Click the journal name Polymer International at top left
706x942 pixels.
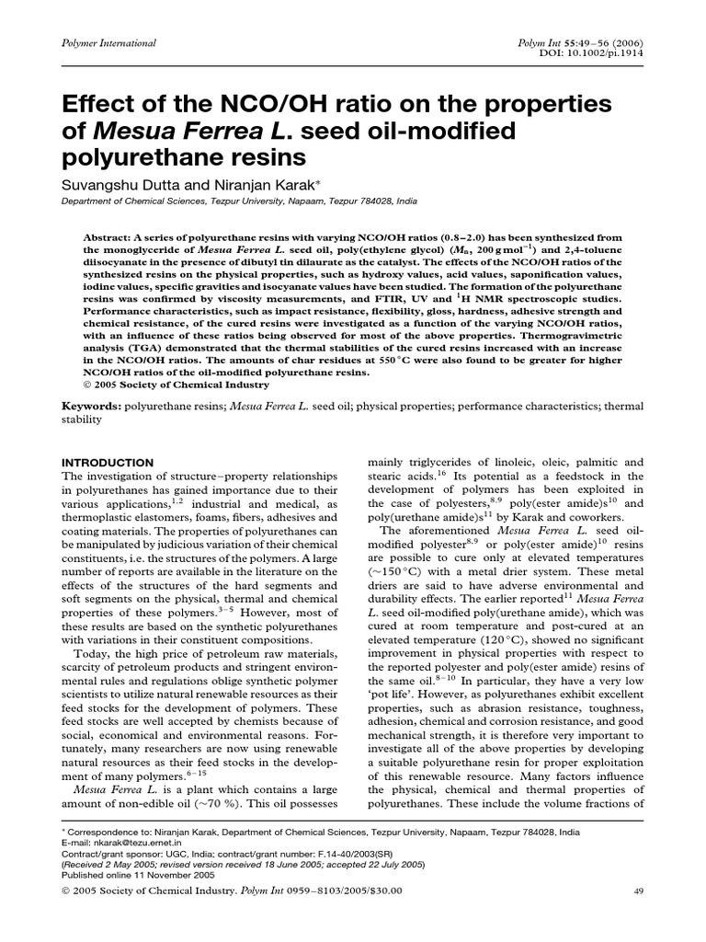[108, 43]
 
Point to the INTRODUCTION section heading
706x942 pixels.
[107, 462]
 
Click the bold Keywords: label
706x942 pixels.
[91, 406]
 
